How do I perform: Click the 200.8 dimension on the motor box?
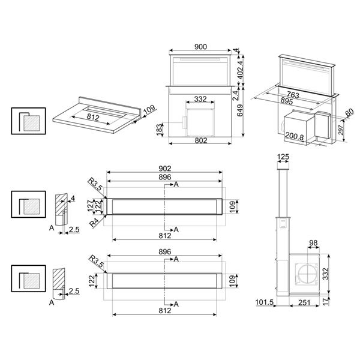coord(294,137)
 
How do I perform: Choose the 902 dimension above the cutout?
coord(165,169)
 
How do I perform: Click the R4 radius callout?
coord(94,223)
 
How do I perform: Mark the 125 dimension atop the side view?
coord(283,157)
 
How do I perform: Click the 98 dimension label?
coord(313,243)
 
